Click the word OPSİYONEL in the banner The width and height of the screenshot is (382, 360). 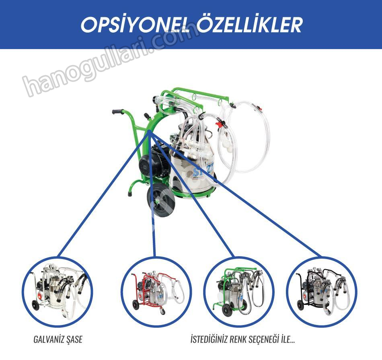136,25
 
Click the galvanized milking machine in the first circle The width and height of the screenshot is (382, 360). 58,291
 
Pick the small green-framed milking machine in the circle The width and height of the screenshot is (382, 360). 238,291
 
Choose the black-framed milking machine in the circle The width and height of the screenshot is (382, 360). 322,291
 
